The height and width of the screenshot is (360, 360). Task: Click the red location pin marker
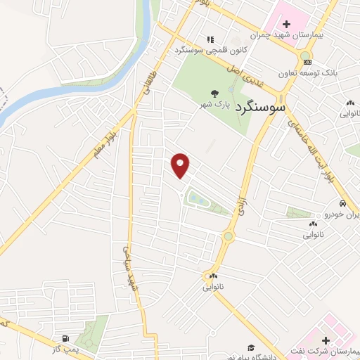click(x=181, y=165)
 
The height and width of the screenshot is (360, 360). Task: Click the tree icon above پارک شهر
click(x=214, y=92)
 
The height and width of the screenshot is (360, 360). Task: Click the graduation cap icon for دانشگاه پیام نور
click(x=251, y=347)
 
